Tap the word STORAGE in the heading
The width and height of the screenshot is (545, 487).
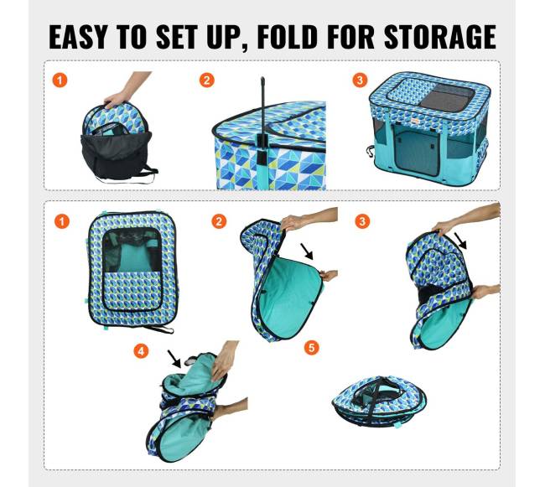(x=439, y=37)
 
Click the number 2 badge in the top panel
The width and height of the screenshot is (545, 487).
(x=207, y=80)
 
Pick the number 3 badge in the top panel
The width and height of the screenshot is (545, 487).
(x=360, y=80)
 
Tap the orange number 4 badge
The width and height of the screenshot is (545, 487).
(x=141, y=351)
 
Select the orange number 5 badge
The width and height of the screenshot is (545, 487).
(x=311, y=347)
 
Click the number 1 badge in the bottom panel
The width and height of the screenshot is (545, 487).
(x=61, y=221)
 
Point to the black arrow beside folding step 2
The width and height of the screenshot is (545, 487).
(x=307, y=251)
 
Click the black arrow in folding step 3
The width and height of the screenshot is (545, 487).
(x=461, y=241)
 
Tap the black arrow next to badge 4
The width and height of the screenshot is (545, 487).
(x=174, y=359)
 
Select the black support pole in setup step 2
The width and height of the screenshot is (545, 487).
(x=263, y=118)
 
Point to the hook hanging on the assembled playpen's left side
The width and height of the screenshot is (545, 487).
(x=370, y=151)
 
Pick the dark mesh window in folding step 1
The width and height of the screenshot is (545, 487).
(x=132, y=250)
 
